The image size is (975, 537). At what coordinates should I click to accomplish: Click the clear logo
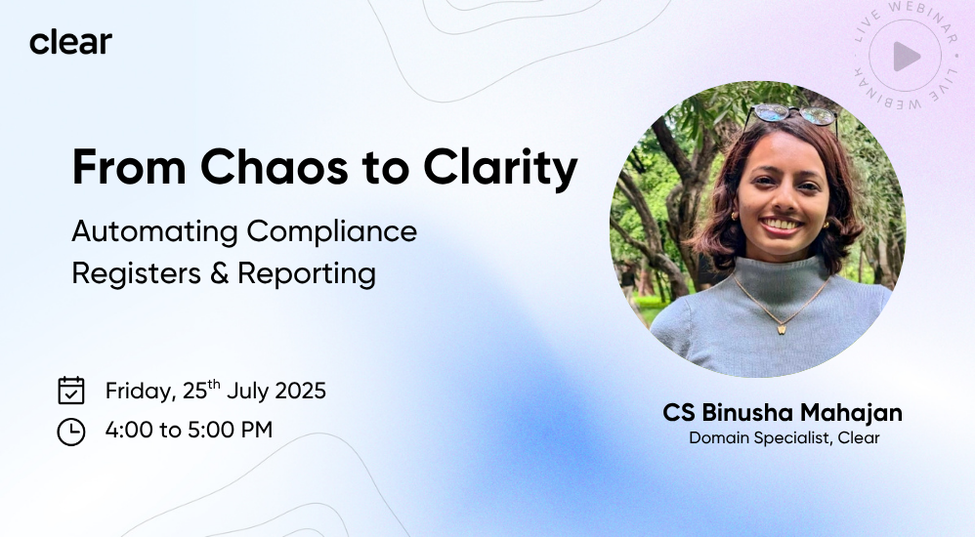point(71,42)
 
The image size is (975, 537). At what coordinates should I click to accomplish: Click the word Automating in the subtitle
point(154,232)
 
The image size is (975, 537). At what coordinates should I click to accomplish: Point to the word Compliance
point(332,232)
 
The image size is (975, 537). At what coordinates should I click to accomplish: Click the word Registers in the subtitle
point(136,273)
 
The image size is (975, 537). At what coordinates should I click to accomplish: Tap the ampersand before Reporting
point(219,273)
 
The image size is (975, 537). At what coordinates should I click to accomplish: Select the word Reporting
point(307,273)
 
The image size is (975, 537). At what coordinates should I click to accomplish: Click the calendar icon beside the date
point(71,391)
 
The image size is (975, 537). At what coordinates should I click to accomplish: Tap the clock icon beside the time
point(71,432)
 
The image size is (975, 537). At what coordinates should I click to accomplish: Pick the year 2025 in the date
point(300,391)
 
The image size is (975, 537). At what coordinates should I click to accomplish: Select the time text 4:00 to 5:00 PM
point(189,430)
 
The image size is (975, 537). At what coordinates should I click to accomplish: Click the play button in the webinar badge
point(906,57)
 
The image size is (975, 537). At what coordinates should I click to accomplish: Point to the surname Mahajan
point(851,413)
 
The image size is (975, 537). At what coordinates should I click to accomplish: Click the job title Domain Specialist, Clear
point(784,437)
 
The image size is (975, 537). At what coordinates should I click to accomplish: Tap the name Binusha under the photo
point(748,413)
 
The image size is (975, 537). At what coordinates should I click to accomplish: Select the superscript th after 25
point(214,384)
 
